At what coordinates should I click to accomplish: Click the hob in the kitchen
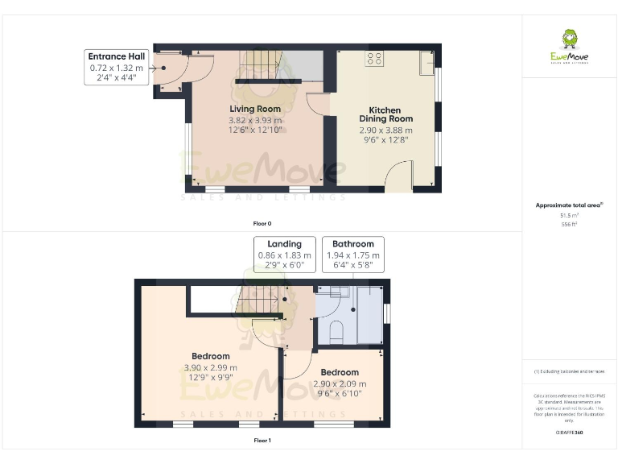375,58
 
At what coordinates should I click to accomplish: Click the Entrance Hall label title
117,56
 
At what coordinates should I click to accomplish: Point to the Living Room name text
255,109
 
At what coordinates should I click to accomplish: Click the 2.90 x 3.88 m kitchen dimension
385,130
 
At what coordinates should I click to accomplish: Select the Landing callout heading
284,244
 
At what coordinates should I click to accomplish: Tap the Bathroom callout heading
353,244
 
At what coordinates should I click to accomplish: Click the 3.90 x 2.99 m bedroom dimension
211,367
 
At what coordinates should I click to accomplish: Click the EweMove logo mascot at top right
569,39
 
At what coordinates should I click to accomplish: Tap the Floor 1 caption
262,441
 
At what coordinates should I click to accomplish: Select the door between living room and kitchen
318,106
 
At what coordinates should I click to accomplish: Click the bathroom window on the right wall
387,312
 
